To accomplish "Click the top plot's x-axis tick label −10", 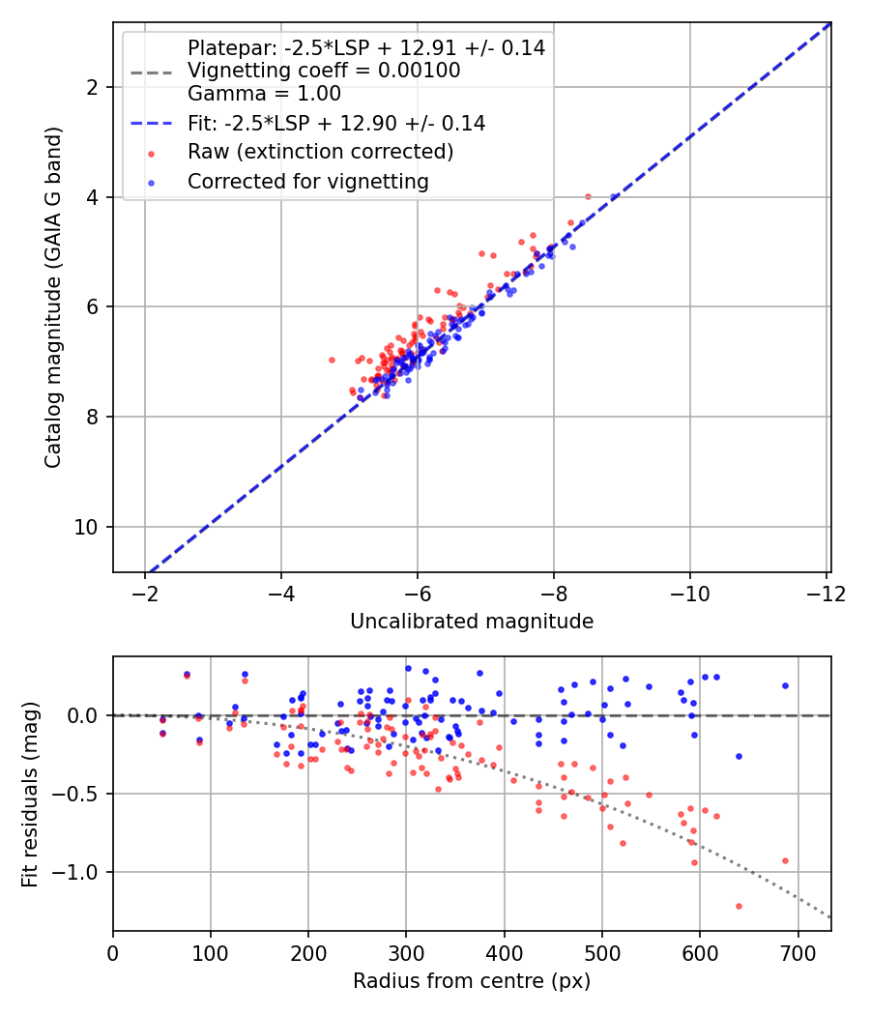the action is (x=689, y=593).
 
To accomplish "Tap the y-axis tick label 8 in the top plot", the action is (x=93, y=417).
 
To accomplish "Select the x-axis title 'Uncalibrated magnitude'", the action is (x=472, y=622).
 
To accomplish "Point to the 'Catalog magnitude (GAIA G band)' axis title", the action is (x=52, y=297).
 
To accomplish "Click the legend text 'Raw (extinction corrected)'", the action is (x=320, y=152).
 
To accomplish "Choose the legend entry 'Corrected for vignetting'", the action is (x=308, y=182).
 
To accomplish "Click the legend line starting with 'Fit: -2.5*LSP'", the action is (x=336, y=123).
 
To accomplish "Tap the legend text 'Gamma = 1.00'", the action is (x=264, y=94).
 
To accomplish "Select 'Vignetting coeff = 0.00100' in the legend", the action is (x=324, y=71).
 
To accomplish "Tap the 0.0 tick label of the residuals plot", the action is (x=83, y=716).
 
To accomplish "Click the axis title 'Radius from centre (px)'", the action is (x=472, y=981).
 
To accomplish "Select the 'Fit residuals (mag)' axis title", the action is (x=30, y=795).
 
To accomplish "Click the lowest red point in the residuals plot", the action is (x=739, y=907).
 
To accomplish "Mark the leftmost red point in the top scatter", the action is (x=333, y=360).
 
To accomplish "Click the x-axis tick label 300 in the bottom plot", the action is (x=406, y=953).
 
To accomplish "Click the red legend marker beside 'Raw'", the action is (x=152, y=154).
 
